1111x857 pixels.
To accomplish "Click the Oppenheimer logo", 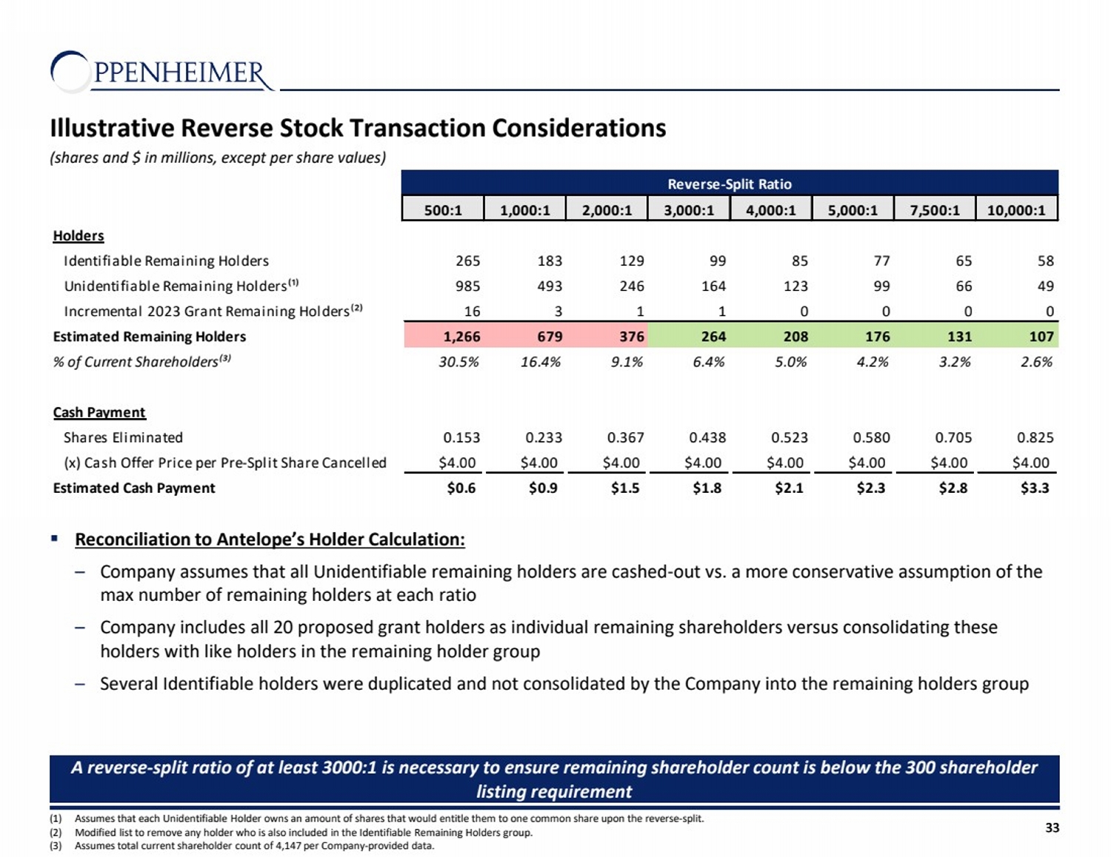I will (161, 72).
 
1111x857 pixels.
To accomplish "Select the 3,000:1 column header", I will (689, 209).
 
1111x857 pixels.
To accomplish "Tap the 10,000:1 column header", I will (1016, 209).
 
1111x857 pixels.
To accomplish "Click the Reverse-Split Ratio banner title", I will (730, 184).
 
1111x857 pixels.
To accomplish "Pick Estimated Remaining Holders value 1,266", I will (461, 337).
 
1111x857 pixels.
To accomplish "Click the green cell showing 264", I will (713, 337).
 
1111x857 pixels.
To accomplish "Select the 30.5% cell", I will (458, 362).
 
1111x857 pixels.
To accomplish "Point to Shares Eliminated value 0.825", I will (1035, 437).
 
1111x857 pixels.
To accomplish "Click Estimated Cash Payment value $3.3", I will (1035, 488).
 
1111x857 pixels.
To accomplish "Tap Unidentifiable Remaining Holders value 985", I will (467, 286).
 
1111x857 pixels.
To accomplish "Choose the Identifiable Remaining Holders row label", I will (166, 261).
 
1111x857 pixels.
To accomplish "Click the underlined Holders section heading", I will (79, 236).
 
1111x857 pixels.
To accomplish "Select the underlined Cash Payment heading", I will (99, 412).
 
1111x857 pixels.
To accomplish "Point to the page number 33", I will (1052, 827).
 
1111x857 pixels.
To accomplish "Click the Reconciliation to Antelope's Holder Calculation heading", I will (270, 540).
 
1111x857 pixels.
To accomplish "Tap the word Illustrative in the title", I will (112, 128).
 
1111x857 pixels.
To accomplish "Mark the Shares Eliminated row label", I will (123, 437).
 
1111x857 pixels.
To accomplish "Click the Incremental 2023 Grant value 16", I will (472, 312).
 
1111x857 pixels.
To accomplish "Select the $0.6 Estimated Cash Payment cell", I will (461, 488).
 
